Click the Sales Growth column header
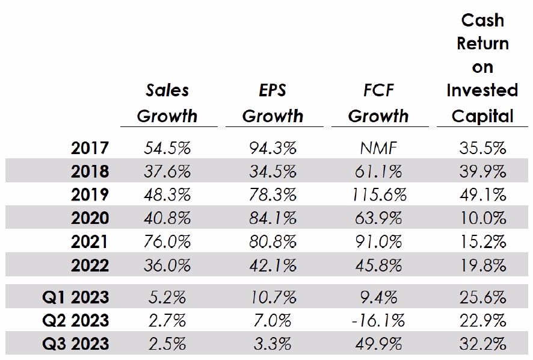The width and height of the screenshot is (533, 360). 167,103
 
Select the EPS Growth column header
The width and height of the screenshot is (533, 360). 273,103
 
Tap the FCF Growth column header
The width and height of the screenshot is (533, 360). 378,103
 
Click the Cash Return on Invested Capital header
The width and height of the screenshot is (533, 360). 482,67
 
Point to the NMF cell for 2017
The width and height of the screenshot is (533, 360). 378,148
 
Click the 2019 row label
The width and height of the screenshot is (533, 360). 90,194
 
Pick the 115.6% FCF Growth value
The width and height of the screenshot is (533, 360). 378,194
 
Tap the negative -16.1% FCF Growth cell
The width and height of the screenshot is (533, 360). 378,320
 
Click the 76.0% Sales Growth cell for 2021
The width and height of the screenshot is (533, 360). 167,241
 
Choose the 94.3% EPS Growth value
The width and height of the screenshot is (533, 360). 273,148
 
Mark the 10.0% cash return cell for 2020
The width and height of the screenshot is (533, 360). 483,218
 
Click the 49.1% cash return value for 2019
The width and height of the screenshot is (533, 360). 483,194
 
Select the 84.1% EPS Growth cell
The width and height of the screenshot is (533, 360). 273,218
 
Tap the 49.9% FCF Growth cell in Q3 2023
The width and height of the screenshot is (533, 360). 378,343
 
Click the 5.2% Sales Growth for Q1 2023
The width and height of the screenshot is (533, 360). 167,296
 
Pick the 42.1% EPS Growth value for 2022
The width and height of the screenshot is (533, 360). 273,265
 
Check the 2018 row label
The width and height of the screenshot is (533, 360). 90,172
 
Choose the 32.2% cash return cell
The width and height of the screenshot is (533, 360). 483,343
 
